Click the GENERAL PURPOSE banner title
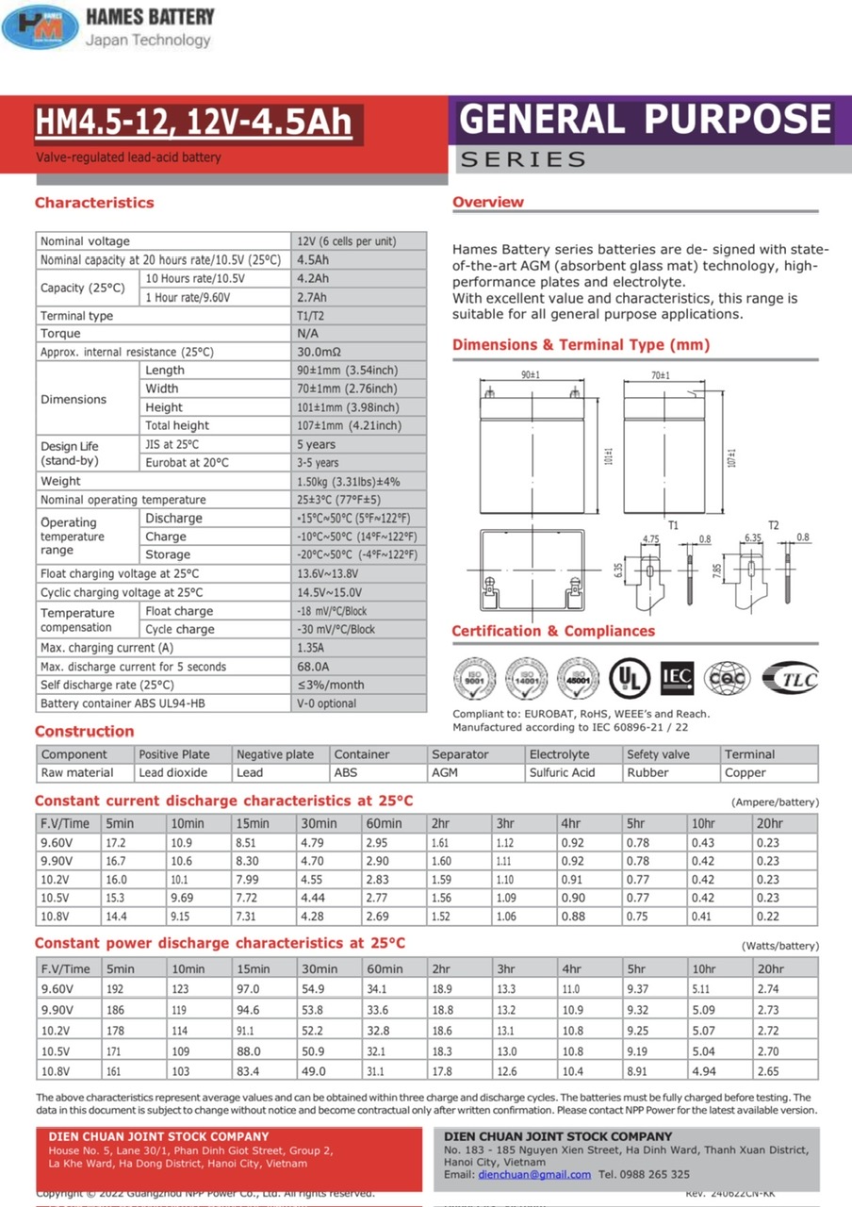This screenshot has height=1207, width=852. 646,120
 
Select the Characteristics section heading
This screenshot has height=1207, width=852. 94,203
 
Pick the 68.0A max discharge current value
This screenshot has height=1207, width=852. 315,667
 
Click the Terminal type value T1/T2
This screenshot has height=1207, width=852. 312,316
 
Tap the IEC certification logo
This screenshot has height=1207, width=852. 677,676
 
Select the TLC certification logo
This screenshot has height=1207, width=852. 790,677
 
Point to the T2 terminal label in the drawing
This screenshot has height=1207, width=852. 773,524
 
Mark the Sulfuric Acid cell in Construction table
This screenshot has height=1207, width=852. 563,772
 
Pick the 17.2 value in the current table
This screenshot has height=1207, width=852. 116,842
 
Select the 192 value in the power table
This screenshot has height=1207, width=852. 115,988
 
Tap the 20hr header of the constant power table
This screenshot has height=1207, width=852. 770,968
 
